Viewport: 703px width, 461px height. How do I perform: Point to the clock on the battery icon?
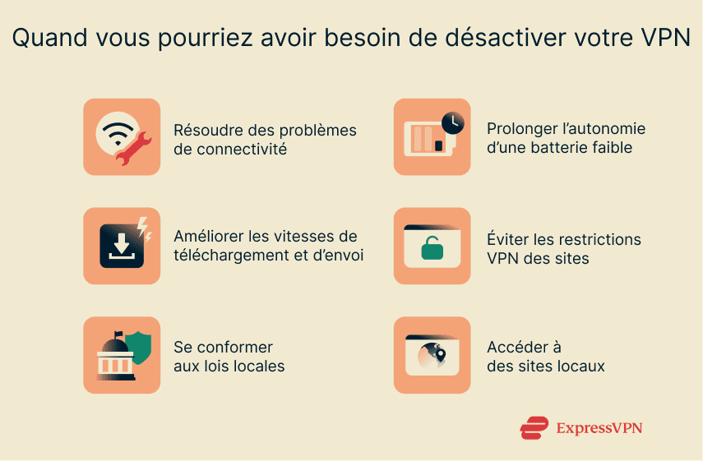pyautogui.click(x=451, y=122)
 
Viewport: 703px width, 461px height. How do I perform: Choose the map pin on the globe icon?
pyautogui.click(x=441, y=354)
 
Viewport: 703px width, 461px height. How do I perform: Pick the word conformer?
pyautogui.click(x=233, y=347)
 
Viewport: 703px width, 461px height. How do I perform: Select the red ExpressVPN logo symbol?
pyautogui.click(x=534, y=428)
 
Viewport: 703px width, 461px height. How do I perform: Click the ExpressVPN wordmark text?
pyautogui.click(x=599, y=428)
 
